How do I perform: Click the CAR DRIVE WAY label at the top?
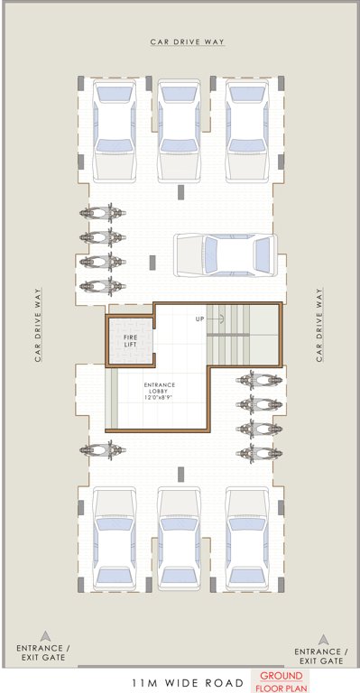(187, 42)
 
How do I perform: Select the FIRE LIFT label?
(131, 341)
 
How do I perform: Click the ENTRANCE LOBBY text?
(160, 389)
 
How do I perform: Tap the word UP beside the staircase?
(199, 319)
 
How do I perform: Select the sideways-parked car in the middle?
(225, 254)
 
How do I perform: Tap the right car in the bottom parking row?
(245, 540)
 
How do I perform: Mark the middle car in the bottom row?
(179, 540)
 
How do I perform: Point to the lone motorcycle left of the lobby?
(101, 449)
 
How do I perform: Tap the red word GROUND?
(282, 676)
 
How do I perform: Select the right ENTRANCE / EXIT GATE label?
(318, 656)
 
